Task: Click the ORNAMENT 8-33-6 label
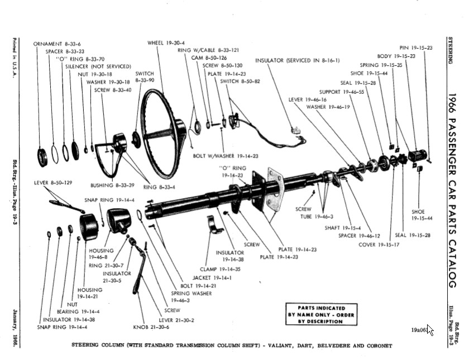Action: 57,44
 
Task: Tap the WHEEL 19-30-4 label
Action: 166,43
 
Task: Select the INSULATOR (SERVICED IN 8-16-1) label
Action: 297,60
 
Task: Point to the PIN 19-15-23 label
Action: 416,48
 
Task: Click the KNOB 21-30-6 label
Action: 151,327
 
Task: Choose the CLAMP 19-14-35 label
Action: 220,269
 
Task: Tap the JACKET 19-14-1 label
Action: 212,278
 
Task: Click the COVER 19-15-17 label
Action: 379,244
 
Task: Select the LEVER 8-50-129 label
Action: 53,183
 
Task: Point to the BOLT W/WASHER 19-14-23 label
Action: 226,156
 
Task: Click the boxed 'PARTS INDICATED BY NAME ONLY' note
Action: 321,315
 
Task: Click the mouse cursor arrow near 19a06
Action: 430,330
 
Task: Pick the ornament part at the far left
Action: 42,157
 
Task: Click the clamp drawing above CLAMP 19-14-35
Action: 215,224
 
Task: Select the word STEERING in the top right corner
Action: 451,50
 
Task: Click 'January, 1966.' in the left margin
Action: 15,328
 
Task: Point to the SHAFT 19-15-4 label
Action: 343,228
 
